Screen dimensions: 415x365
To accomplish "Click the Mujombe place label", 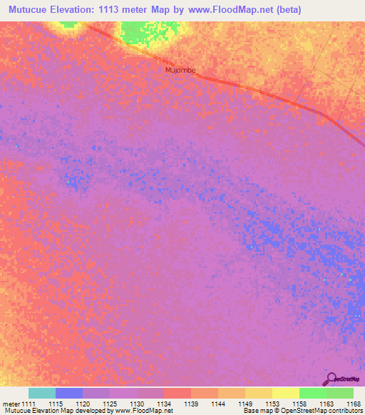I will [x=180, y=70].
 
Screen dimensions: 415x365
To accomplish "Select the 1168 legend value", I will [x=354, y=403].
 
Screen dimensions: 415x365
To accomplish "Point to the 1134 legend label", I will [x=164, y=403].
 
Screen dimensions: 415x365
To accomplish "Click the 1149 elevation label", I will [x=245, y=403].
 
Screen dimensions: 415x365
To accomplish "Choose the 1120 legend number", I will [x=83, y=403].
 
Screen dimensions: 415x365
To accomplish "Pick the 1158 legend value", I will [x=299, y=403].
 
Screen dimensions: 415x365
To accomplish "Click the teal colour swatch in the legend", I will [x=42, y=393].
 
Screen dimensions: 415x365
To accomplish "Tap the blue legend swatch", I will [x=69, y=393].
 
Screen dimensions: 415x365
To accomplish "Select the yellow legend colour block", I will [x=285, y=393].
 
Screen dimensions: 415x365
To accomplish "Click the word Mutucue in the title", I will [x=33, y=10].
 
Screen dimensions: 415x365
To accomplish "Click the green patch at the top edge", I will [x=140, y=31].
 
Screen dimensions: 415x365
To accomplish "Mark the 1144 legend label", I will [x=218, y=403].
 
